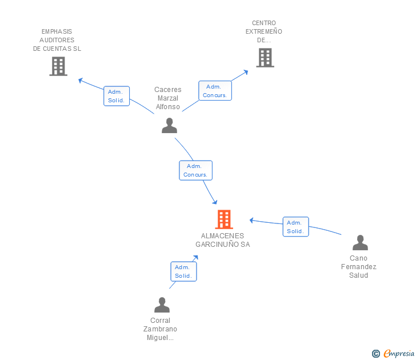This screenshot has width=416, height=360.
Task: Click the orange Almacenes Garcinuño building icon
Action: coord(224,219)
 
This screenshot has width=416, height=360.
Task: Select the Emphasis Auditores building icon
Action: coord(58,66)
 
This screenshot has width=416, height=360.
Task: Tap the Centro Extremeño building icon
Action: coord(265,58)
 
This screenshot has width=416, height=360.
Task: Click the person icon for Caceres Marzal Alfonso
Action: coord(169,125)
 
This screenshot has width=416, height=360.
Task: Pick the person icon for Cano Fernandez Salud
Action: coord(360,243)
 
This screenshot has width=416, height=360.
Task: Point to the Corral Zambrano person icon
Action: coord(162,305)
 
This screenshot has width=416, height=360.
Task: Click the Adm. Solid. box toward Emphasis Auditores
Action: coord(117,96)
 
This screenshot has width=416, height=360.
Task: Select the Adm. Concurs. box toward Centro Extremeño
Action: coord(215,91)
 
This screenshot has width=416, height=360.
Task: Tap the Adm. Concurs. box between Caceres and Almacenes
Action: coord(195,170)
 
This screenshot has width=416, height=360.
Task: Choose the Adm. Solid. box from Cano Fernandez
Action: coord(295,227)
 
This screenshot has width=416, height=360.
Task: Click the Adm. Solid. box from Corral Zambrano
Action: coord(183,271)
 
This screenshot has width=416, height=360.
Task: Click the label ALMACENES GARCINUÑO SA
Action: coord(223,240)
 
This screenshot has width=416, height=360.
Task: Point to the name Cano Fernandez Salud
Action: coord(359,267)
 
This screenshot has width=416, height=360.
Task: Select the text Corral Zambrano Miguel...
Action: coord(161,329)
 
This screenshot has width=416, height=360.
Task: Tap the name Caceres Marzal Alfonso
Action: coord(168,98)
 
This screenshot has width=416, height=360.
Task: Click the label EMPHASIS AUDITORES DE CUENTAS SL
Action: coord(57,40)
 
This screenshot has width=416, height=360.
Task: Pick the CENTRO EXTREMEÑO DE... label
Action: coord(264,32)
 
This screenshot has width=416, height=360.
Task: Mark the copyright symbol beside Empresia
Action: coord(376,354)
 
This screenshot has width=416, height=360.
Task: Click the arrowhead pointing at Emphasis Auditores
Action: coord(81,80)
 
